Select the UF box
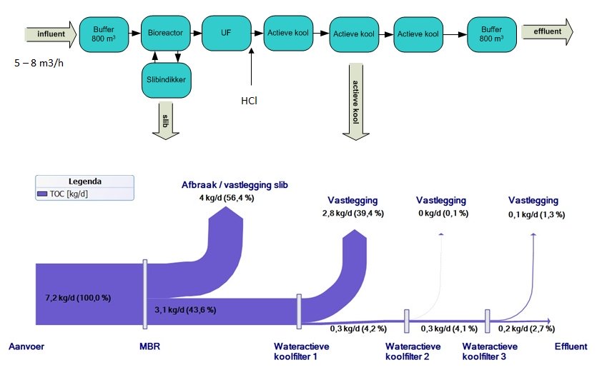coord(226,31)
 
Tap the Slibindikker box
coord(165,81)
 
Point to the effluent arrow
coord(547,31)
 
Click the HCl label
coord(250,100)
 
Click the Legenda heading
coord(85,181)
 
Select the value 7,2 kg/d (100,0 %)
coord(78,296)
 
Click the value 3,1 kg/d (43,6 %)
coord(185,309)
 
